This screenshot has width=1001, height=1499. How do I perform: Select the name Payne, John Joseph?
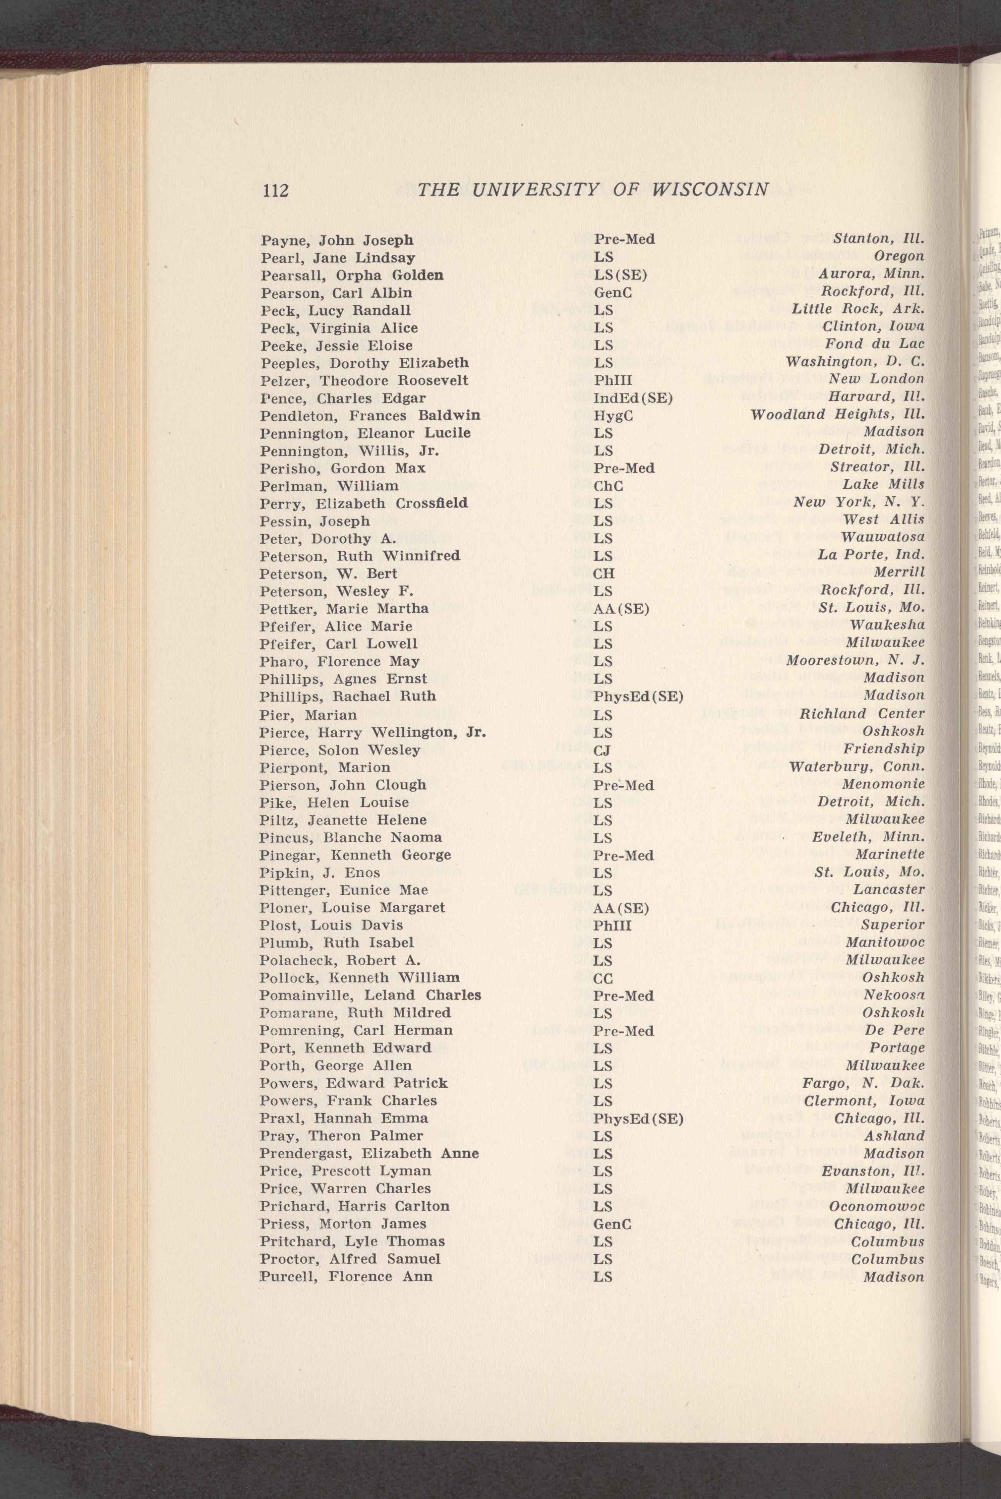click(x=337, y=241)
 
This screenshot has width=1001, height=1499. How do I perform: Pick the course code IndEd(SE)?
click(x=633, y=398)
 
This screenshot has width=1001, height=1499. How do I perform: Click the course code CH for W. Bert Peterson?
click(x=604, y=573)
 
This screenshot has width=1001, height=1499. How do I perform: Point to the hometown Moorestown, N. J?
click(x=855, y=661)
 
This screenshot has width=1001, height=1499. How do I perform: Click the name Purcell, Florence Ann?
click(x=345, y=1241)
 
